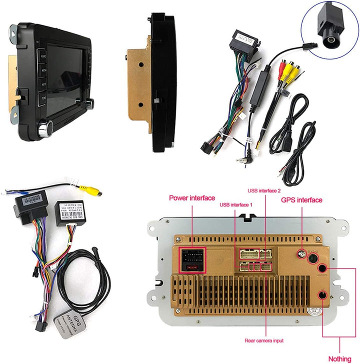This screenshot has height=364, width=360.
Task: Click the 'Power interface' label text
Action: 192,198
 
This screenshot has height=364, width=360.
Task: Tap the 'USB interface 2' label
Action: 264,190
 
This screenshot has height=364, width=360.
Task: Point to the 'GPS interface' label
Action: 302,200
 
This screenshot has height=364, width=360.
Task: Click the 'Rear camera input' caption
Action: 264,340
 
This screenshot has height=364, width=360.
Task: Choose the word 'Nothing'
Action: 339,359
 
